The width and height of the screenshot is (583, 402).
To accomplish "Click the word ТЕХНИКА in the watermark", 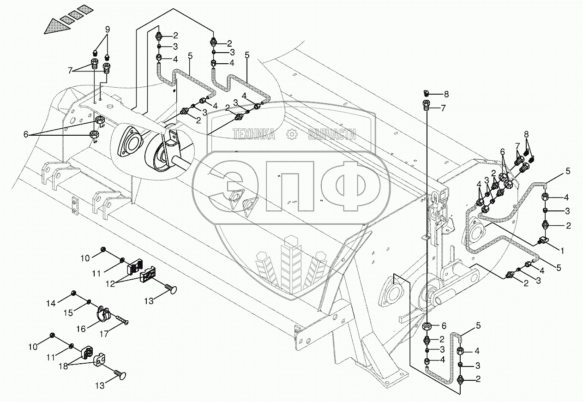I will coord(254,134).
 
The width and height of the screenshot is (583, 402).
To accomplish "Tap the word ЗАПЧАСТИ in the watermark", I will coord(331,134).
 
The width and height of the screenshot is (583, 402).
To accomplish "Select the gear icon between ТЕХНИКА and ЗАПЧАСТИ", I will coord(292,134).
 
